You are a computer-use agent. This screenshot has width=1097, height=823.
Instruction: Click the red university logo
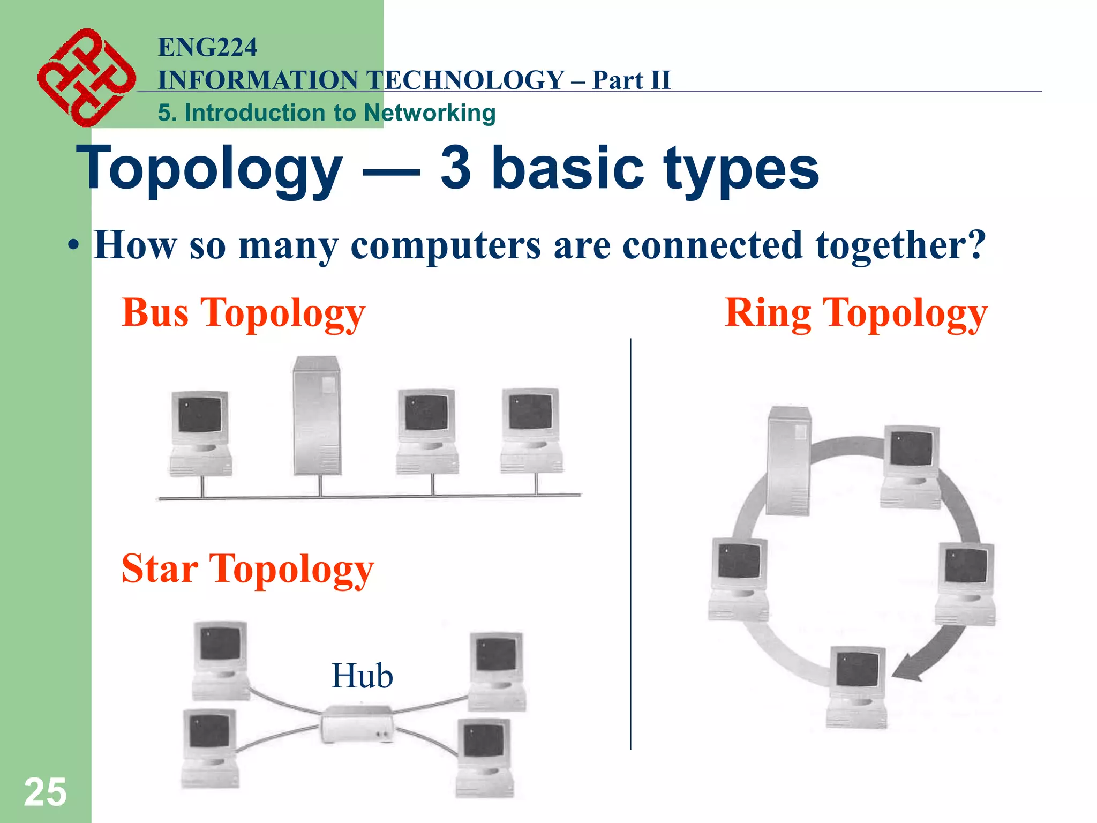86,78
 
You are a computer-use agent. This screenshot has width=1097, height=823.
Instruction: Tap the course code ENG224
207,47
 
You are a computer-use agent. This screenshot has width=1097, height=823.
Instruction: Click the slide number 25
45,792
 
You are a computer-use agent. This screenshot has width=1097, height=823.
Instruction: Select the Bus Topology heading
243,313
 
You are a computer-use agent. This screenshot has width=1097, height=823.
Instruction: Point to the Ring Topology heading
855,313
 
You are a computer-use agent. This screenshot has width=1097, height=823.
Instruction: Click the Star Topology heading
247,569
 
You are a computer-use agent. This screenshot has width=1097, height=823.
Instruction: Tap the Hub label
362,676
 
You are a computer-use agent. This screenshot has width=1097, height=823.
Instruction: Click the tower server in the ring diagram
788,461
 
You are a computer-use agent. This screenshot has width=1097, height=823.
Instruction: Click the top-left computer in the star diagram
221,660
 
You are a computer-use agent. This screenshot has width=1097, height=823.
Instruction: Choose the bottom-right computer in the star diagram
485,757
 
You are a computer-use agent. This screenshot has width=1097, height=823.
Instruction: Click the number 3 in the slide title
456,168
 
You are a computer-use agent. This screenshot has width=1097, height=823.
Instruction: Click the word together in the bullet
900,245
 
